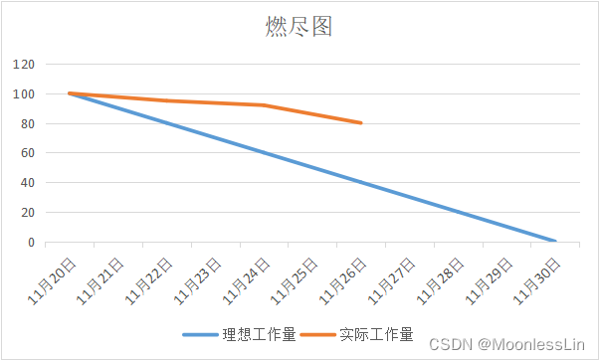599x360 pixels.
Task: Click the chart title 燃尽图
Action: (299, 27)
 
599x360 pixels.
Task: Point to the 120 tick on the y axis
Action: (24, 65)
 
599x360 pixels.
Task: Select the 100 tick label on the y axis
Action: (24, 94)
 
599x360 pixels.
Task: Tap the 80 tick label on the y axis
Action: (27, 124)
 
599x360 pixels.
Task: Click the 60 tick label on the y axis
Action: (27, 153)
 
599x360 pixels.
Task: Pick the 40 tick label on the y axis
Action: (27, 183)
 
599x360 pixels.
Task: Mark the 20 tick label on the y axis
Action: (27, 213)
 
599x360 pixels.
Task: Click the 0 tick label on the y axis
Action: (31, 243)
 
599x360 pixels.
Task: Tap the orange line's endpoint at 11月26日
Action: (361, 123)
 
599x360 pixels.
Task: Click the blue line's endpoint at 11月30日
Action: (555, 242)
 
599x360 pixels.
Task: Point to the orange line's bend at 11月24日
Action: (264, 105)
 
